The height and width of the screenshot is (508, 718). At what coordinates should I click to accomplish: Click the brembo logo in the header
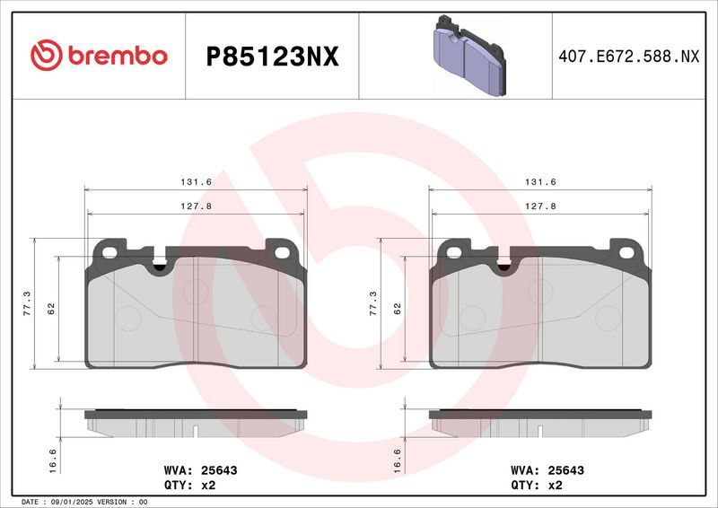click(99, 56)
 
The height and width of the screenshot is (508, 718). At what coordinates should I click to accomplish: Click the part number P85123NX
click(272, 57)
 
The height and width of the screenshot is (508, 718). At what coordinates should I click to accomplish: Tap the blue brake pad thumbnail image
click(468, 56)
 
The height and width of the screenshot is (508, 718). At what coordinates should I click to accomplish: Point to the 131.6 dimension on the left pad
click(196, 182)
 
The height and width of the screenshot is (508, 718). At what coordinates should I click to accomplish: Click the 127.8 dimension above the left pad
click(196, 206)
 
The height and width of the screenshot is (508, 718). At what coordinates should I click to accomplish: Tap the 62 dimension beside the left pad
click(51, 308)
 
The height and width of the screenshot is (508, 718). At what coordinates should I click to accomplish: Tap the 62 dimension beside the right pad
click(397, 308)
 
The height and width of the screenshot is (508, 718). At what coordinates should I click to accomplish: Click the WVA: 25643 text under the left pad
click(200, 469)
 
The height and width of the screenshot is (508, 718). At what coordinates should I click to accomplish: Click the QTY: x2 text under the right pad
click(536, 485)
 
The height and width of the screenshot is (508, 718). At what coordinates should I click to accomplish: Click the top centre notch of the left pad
click(161, 264)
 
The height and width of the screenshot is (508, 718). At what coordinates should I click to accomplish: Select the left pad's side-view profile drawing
click(196, 424)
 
